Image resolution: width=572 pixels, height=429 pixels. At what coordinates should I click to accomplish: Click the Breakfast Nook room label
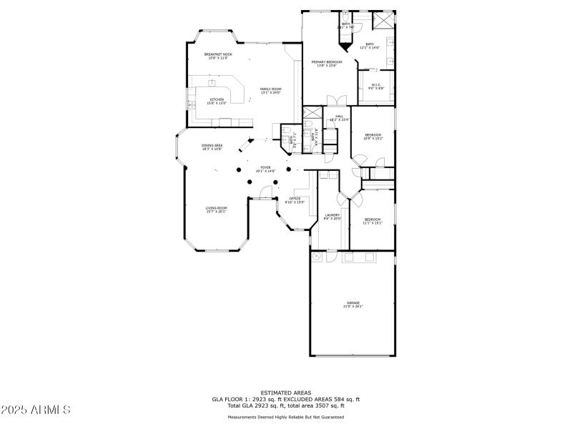[218, 56]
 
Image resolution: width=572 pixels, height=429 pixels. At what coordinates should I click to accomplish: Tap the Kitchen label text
[216, 101]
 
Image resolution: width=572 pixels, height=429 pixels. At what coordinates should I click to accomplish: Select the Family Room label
[270, 90]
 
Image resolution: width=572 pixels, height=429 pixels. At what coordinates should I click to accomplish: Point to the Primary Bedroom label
[327, 64]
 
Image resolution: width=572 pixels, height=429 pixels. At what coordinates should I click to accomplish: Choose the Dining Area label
[212, 147]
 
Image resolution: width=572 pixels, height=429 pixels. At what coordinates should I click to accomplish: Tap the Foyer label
[265, 169]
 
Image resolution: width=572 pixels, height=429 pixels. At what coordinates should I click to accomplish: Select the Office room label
[295, 200]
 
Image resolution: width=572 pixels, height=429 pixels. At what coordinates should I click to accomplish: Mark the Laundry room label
[332, 216]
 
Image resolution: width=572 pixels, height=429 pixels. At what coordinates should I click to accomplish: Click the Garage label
[354, 305]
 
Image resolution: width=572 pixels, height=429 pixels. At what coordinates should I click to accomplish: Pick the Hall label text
[339, 118]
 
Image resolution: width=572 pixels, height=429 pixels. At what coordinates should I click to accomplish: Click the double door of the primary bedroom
[332, 100]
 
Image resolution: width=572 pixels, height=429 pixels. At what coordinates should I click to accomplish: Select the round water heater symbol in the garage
[317, 257]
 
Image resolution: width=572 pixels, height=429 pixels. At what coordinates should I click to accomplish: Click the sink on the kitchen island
[212, 84]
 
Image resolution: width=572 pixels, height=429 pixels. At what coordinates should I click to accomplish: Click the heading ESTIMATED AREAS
[286, 393]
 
